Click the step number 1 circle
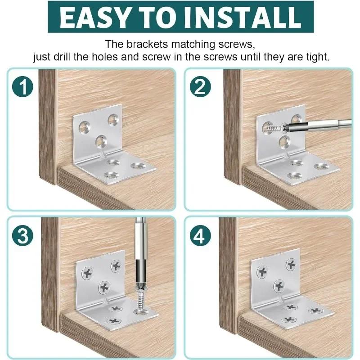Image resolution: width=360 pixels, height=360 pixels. (23, 86)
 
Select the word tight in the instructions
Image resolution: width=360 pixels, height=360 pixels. (315, 58)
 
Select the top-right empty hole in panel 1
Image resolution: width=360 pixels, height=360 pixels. (112, 120)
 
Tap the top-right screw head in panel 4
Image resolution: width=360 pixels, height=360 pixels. (292, 265)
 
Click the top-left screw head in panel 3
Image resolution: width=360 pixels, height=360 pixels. (86, 272)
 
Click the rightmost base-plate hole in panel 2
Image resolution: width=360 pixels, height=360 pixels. (321, 166)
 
